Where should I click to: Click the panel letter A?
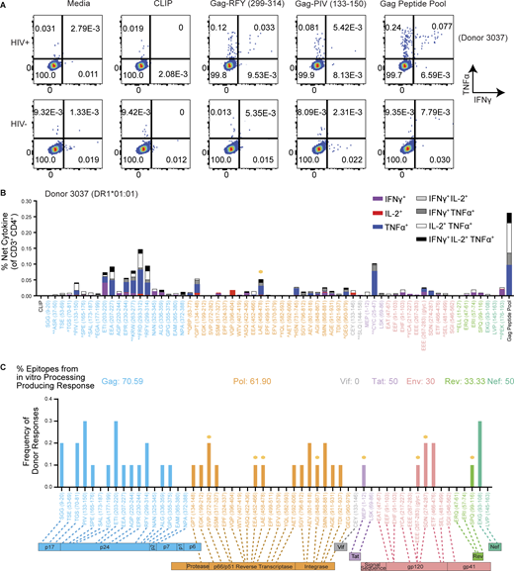pos(7,6)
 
